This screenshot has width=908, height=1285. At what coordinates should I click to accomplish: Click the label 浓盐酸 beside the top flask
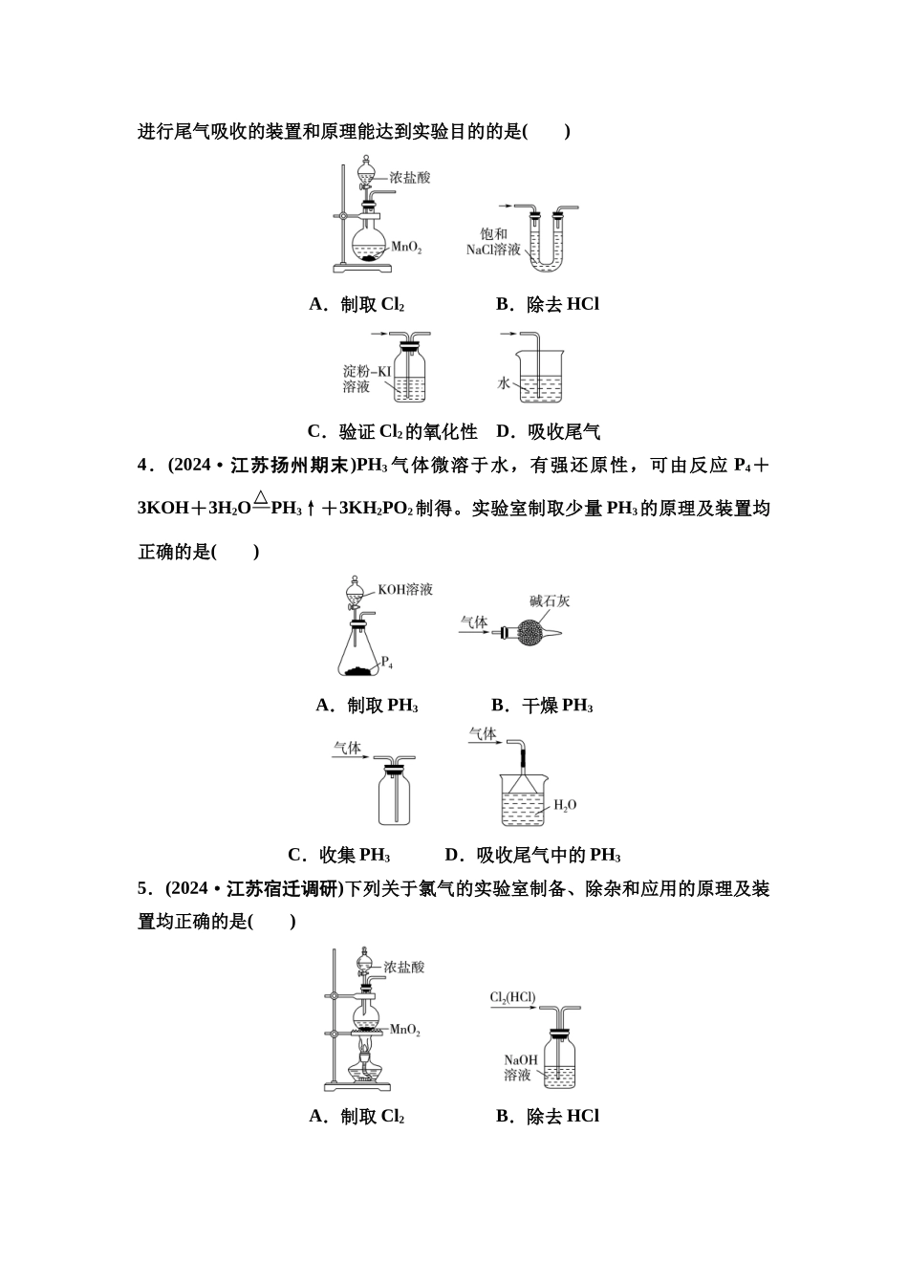409,178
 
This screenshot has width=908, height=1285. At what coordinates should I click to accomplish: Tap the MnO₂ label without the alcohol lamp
406,247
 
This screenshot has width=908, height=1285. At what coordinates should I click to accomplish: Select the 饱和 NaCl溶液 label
493,242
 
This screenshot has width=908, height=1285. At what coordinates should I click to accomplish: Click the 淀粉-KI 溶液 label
367,379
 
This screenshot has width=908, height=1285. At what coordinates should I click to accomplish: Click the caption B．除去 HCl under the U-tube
548,304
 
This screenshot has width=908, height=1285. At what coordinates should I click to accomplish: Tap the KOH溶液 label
405,590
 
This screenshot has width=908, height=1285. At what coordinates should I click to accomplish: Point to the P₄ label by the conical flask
387,662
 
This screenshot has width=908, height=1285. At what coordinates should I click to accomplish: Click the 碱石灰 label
551,600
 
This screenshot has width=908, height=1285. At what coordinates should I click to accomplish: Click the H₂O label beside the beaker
566,805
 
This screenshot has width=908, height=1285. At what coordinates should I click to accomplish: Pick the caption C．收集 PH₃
339,855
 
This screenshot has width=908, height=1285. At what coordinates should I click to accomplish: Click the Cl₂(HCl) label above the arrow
513,998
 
